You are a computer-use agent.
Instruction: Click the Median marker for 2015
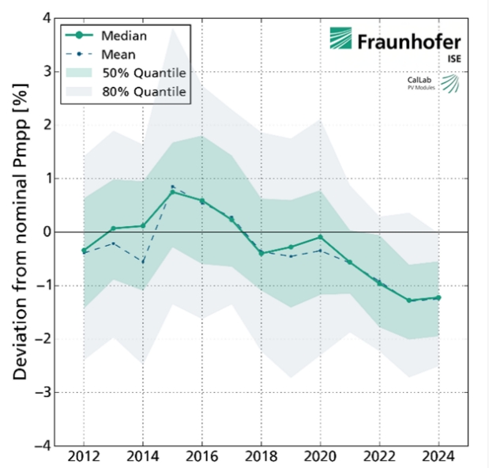point(172,192)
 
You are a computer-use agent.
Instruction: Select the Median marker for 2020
point(321,237)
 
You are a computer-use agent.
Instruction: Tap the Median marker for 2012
point(83,251)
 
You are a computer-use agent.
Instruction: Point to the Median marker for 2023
point(409,300)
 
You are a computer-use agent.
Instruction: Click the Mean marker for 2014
point(142,262)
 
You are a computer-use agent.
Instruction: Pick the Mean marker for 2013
point(113,243)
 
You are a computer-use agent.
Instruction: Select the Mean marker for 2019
point(291,256)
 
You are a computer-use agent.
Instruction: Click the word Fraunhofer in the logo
point(408,41)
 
